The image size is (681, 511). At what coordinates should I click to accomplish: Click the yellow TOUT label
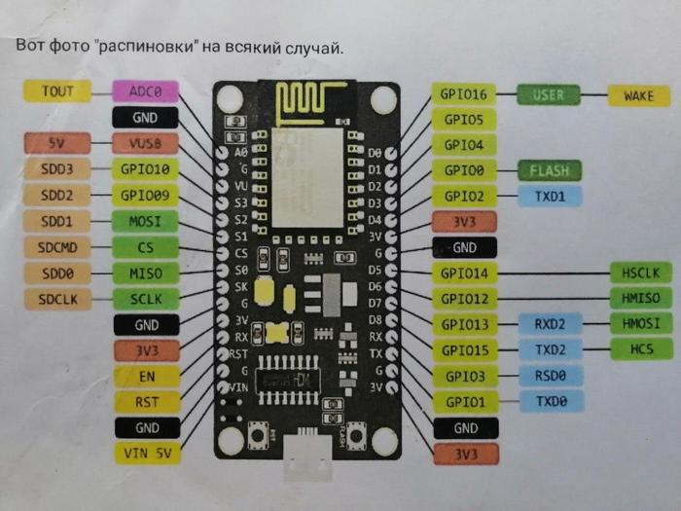pyautogui.click(x=56, y=91)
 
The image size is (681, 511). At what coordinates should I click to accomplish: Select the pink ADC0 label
pyautogui.click(x=146, y=91)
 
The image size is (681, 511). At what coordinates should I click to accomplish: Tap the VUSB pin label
pyautogui.click(x=146, y=143)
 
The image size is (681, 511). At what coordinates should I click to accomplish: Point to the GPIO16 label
pyautogui.click(x=463, y=94)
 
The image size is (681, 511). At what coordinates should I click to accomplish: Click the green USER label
pyautogui.click(x=548, y=95)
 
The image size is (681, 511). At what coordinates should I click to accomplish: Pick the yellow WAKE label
pyautogui.click(x=638, y=95)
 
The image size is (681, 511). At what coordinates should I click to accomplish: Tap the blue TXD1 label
pyautogui.click(x=550, y=196)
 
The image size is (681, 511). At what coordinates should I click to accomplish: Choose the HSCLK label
pyautogui.click(x=641, y=274)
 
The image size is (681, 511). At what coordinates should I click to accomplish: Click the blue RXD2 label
pyautogui.click(x=550, y=324)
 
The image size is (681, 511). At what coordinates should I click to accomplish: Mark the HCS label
pyautogui.click(x=641, y=349)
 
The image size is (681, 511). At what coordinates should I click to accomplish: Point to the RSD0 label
pyautogui.click(x=550, y=376)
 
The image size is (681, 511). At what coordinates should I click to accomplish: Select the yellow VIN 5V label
pyautogui.click(x=146, y=453)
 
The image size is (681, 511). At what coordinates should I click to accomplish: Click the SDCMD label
pyautogui.click(x=56, y=247)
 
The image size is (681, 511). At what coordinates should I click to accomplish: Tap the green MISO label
pyautogui.click(x=146, y=274)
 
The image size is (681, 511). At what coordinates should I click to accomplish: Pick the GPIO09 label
pyautogui.click(x=146, y=195)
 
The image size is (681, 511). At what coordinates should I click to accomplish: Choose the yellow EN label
pyautogui.click(x=146, y=376)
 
